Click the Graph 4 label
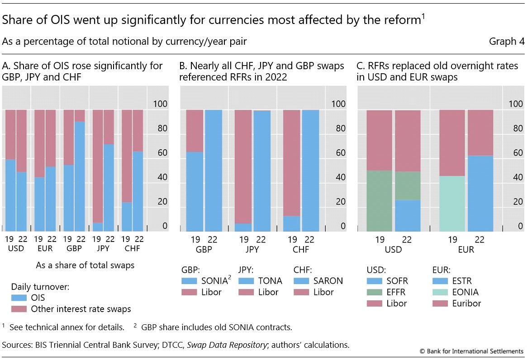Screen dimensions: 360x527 coord(507,42)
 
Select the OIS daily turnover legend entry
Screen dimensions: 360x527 coord(38,298)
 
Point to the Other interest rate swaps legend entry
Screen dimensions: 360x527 coord(81,309)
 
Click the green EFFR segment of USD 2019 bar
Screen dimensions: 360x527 coord(379,201)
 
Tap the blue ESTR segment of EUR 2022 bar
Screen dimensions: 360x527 coord(480,193)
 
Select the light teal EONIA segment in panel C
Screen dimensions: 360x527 coord(452,204)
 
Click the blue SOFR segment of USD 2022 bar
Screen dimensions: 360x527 coord(408,215)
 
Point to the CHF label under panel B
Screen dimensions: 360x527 coord(300,249)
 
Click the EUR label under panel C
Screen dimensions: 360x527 coord(465,249)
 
